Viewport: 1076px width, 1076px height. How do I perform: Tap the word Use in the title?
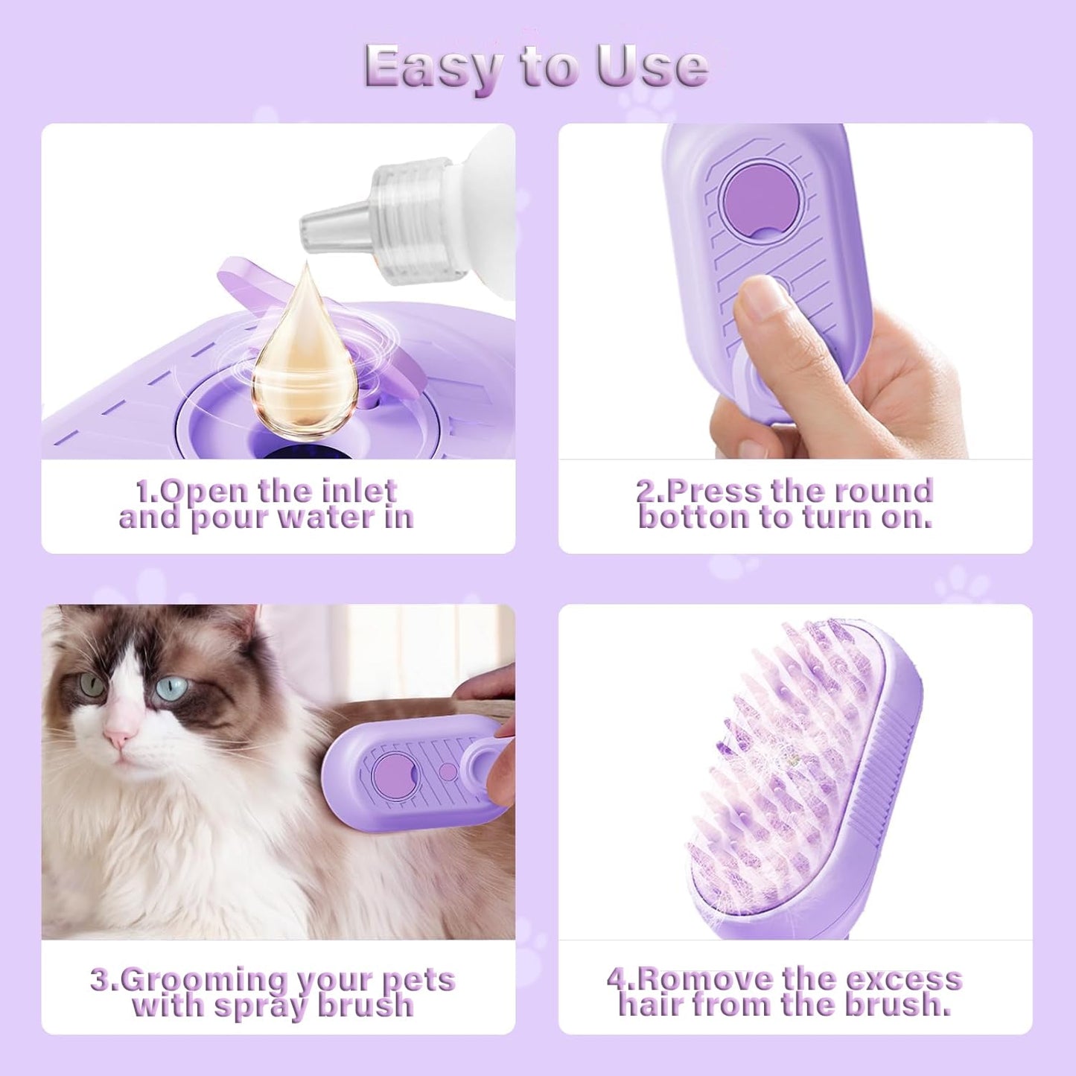(x=651, y=67)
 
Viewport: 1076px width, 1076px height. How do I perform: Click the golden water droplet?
(x=304, y=357)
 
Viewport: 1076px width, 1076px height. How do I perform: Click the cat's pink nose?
(x=118, y=736)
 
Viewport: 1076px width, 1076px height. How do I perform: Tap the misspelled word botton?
(x=693, y=518)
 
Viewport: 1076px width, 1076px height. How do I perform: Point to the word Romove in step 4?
(x=689, y=978)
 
